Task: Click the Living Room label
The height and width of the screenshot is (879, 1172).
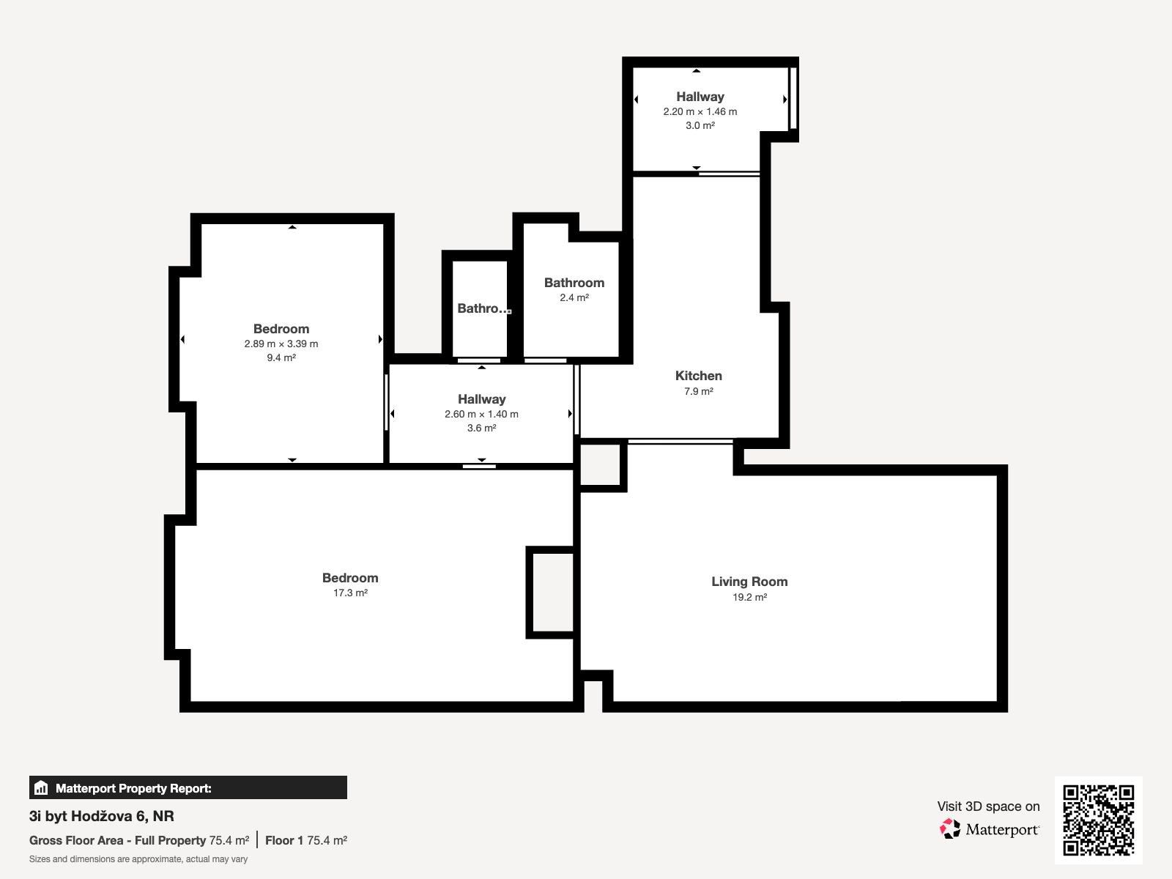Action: click(749, 581)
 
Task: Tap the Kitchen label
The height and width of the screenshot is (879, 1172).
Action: click(698, 376)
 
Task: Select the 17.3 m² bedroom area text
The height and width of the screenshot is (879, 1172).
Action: click(350, 593)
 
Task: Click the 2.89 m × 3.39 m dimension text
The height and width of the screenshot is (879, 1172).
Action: click(281, 344)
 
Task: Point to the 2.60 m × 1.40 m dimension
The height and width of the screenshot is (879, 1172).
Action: click(481, 414)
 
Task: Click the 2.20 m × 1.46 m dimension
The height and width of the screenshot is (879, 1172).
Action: click(700, 111)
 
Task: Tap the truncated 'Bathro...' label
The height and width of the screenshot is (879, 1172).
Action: click(484, 308)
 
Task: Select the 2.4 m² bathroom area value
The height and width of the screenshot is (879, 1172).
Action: click(574, 297)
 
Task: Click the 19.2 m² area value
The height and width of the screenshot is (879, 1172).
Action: click(749, 597)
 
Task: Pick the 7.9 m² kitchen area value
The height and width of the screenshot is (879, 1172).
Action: click(698, 391)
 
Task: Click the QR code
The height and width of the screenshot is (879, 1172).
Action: click(1098, 820)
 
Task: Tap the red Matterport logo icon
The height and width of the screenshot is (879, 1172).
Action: click(950, 829)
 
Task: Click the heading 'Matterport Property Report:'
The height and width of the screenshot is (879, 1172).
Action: click(133, 788)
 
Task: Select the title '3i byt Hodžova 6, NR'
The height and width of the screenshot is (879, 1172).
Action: click(101, 816)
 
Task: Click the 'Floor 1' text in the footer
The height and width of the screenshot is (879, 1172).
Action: click(284, 841)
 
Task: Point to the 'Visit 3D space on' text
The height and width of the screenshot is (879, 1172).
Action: click(988, 806)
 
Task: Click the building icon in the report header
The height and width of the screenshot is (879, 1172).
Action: click(41, 787)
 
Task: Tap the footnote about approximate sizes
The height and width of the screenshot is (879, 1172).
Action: click(138, 859)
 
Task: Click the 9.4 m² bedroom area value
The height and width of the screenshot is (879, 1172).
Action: click(281, 357)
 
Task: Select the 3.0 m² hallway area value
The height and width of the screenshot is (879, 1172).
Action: click(700, 125)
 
